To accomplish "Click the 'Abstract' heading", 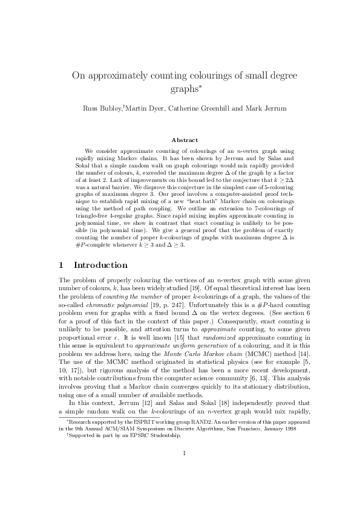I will click(180, 140).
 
